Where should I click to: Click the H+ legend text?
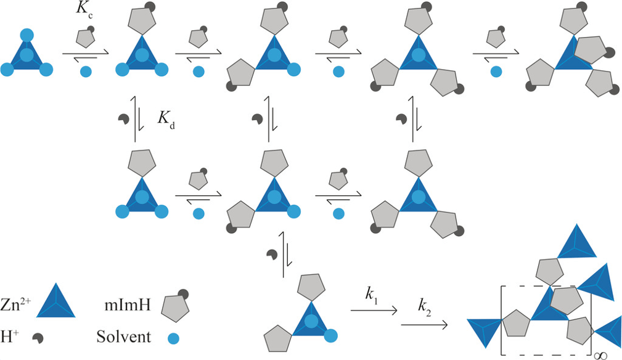point(12,337)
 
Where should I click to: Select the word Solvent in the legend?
point(123,338)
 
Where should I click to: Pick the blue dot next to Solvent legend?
point(174,338)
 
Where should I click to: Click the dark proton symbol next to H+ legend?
point(39,338)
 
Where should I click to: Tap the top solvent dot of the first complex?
point(26,35)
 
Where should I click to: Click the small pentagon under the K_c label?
point(84,39)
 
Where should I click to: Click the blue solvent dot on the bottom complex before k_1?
point(332,336)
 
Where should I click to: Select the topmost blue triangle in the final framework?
point(577,244)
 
